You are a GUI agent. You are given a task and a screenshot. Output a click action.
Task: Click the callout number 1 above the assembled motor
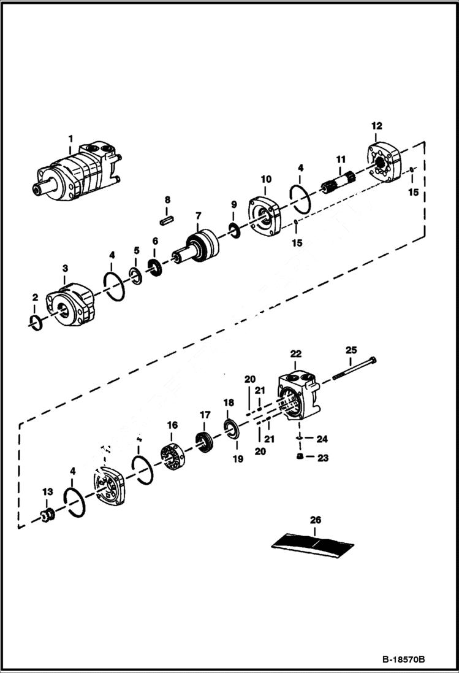coord(70,138)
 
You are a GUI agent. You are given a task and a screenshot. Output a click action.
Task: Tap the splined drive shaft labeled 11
coord(339,182)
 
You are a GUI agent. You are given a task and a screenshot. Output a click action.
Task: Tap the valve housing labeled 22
coord(299,397)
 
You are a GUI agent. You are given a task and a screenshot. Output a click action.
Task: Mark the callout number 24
coord(322,439)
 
